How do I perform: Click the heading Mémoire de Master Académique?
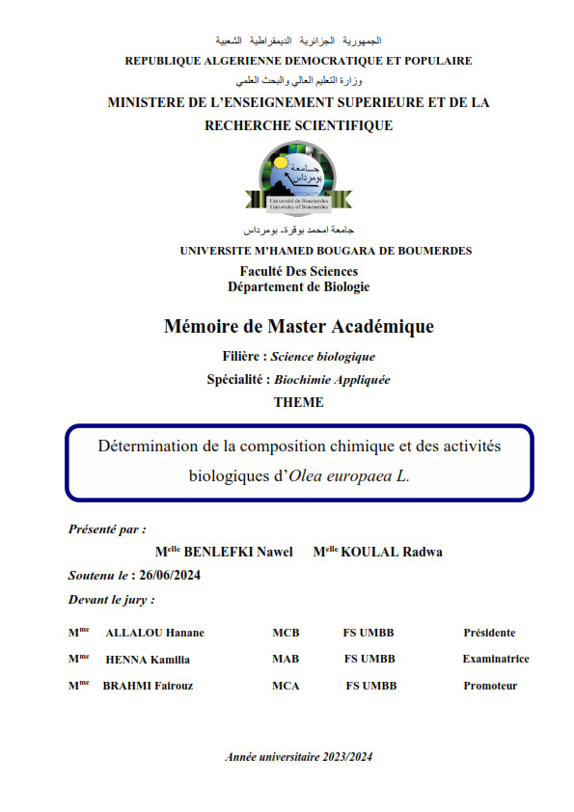click(298, 327)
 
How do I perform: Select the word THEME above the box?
click(298, 403)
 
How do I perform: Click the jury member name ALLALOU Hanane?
click(154, 633)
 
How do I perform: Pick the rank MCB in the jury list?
click(286, 633)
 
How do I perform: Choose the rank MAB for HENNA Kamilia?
click(286, 660)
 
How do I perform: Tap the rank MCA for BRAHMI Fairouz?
click(286, 687)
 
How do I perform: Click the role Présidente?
click(489, 633)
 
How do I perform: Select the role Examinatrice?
click(495, 660)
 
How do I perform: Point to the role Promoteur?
click(490, 687)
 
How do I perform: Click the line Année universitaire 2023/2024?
click(298, 757)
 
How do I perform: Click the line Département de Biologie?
click(298, 286)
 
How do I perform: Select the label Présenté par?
click(107, 529)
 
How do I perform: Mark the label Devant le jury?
click(111, 600)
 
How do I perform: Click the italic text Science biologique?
click(322, 356)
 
